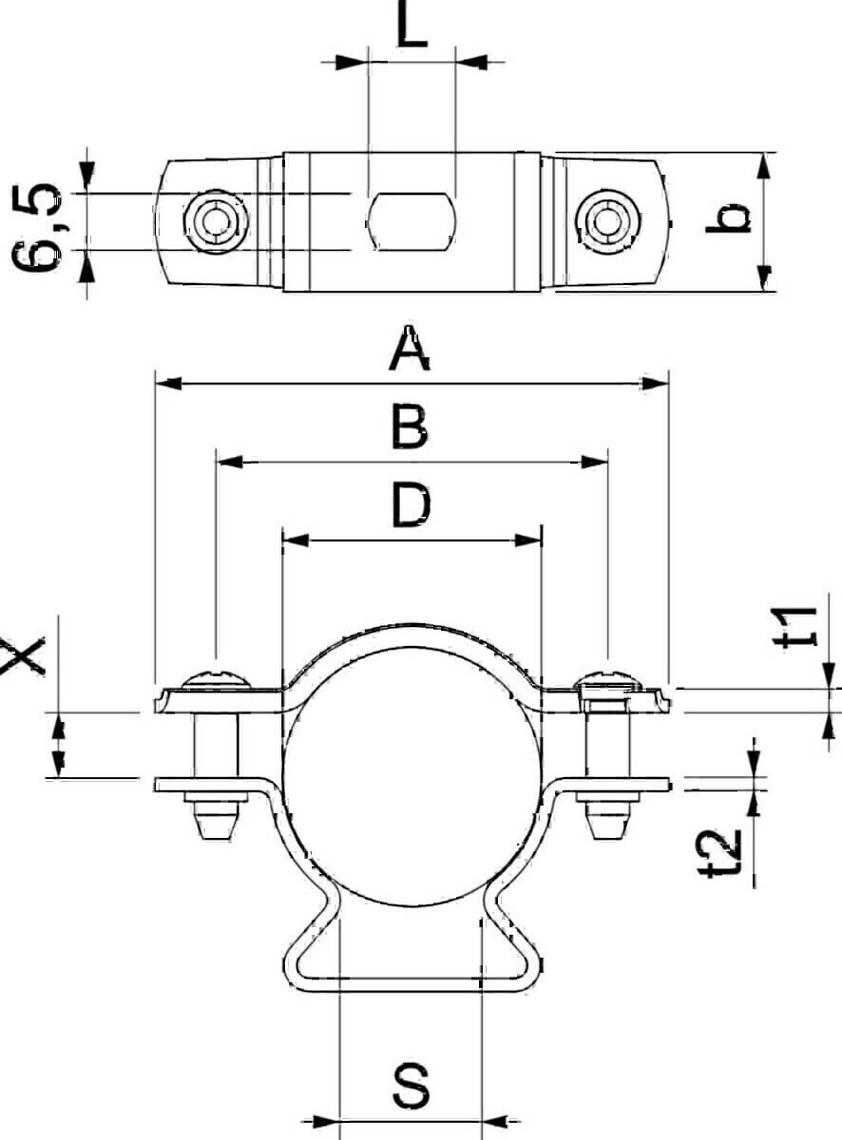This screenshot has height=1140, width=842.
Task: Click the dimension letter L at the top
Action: [x=411, y=28]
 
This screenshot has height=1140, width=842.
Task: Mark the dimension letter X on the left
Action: [x=24, y=655]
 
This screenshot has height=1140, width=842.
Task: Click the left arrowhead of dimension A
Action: [x=166, y=384]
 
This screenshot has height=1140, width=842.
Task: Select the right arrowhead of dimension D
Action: [x=529, y=541]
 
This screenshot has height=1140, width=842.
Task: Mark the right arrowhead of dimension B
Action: [x=596, y=463]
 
